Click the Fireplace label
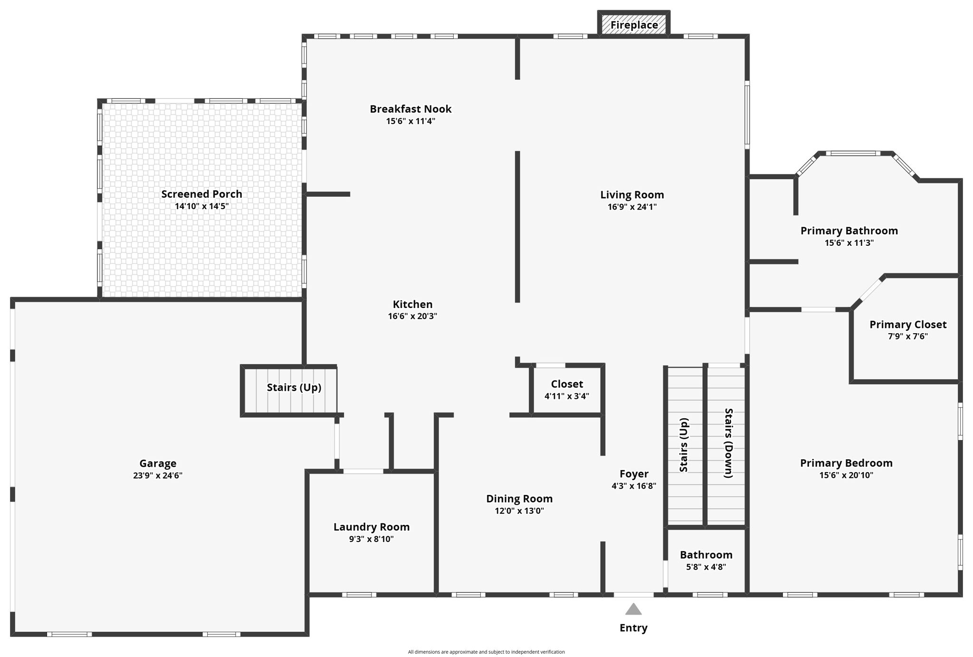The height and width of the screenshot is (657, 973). point(634,25)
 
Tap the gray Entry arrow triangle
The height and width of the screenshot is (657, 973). point(633,609)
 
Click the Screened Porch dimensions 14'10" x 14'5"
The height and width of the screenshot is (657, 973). point(201,206)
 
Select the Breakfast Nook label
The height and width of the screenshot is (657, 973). point(410,109)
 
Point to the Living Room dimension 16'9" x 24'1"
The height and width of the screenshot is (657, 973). point(632,207)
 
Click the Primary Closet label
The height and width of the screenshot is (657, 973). point(907,324)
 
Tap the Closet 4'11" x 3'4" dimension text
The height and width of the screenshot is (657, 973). point(566,396)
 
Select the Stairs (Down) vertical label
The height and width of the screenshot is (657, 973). point(728,443)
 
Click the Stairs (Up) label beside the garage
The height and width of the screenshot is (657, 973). point(294,387)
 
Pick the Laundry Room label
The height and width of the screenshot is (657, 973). point(371,527)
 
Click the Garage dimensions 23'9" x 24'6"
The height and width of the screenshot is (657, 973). point(158,475)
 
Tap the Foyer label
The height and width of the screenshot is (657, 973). point(634,473)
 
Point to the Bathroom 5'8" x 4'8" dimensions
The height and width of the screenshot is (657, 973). point(706,567)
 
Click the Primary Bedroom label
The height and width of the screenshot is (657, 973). point(846,463)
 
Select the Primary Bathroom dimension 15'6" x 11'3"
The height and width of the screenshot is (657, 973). point(849,243)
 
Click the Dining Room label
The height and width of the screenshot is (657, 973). point(519,499)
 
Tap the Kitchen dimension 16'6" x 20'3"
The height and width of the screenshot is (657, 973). point(412,316)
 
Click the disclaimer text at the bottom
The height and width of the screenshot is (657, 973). point(486,652)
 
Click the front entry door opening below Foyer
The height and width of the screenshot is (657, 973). point(633,595)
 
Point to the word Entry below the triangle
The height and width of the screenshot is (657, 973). point(633,628)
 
